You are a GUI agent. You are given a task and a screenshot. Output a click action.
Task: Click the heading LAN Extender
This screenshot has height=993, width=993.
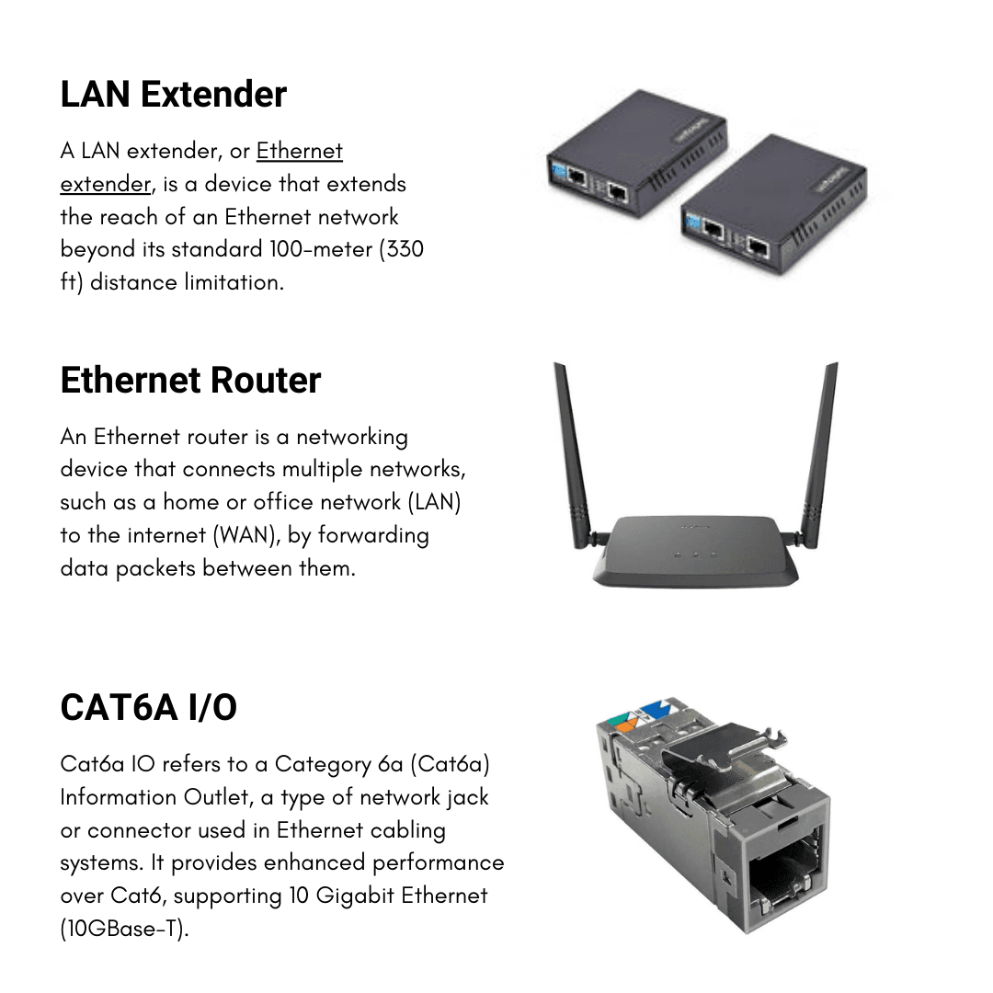(173, 95)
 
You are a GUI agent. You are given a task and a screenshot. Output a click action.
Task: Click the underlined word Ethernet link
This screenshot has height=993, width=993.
(299, 151)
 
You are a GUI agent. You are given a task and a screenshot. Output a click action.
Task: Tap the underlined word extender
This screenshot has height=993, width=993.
(105, 184)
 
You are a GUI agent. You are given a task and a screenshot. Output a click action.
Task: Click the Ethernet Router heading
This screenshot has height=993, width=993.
(190, 381)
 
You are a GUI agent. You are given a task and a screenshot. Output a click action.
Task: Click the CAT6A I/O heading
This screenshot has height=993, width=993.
(148, 708)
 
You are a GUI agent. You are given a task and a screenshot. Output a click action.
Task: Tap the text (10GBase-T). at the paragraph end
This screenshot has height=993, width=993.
(124, 929)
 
